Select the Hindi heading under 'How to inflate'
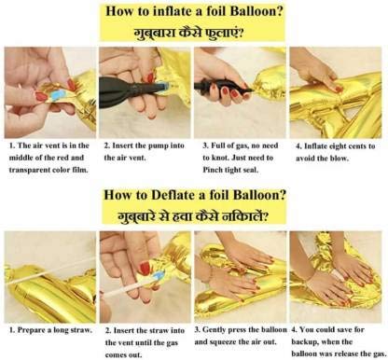click(188, 33)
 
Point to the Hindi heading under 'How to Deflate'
click(193, 216)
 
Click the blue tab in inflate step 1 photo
click(57, 95)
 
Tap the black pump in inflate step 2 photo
click(131, 90)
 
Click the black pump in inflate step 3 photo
click(223, 87)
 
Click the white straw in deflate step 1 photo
click(49, 271)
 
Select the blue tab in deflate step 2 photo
click(159, 276)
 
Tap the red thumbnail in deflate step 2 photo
click(145, 269)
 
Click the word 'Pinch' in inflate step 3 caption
click(212, 170)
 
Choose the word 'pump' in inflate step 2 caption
click(160, 146)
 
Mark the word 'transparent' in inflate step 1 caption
click(29, 170)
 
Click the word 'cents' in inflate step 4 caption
click(358, 145)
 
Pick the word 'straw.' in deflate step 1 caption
click(82, 330)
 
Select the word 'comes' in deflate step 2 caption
click(115, 355)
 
